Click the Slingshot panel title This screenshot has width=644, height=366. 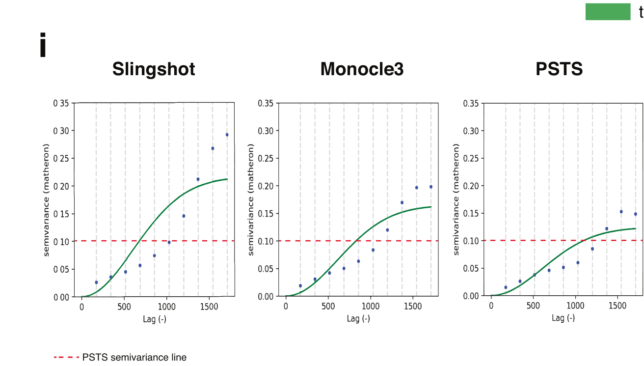click(154, 69)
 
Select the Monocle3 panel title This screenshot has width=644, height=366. click(362, 69)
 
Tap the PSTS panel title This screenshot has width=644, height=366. click(559, 69)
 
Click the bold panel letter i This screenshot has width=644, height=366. click(43, 45)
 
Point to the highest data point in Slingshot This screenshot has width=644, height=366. click(227, 135)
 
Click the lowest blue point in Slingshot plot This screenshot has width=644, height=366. click(96, 282)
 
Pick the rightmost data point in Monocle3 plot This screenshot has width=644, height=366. click(431, 187)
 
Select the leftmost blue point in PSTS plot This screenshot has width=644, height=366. click(506, 287)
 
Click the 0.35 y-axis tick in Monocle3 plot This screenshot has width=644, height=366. click(266, 103)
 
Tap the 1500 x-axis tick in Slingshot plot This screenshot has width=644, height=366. click(210, 307)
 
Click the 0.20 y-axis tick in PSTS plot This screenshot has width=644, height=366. click(471, 186)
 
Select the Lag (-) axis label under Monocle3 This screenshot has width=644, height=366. click(358, 318)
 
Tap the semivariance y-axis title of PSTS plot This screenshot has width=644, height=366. click(456, 199)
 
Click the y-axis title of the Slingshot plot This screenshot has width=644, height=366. click(47, 199)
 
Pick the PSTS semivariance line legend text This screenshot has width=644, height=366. click(134, 357)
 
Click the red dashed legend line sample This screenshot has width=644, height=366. click(66, 357)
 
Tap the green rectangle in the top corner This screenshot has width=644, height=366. click(608, 12)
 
